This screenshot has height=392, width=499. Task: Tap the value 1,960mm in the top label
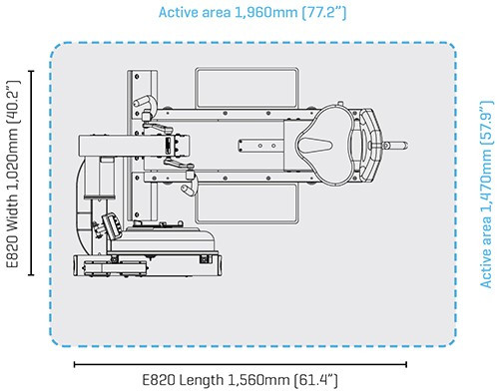pyautogui.click(x=266, y=13)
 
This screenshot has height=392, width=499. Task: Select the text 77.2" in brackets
pyautogui.click(x=324, y=13)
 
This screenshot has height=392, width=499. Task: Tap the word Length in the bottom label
pyautogui.click(x=202, y=379)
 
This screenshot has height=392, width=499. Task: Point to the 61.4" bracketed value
pyautogui.click(x=316, y=379)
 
